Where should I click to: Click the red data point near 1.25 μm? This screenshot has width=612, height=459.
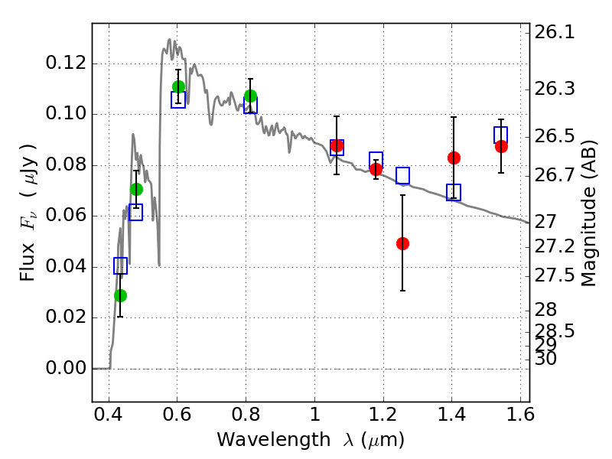tap(402, 243)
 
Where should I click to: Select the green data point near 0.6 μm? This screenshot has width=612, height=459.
tap(178, 86)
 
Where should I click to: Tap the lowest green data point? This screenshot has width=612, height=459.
tap(120, 295)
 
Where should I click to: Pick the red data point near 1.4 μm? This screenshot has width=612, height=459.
tap(454, 158)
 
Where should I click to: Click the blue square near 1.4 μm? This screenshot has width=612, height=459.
tap(454, 192)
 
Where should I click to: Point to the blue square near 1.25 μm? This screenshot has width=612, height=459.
tap(402, 175)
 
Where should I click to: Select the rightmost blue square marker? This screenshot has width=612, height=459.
tap(501, 135)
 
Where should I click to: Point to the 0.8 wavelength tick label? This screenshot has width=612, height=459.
tap(246, 418)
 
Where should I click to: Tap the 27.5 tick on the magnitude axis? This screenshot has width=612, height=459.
tap(553, 274)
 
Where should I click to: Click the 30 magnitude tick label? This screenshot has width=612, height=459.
tap(546, 358)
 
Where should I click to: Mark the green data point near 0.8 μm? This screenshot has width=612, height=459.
tap(250, 96)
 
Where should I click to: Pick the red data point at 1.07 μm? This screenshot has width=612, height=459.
tap(337, 145)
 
